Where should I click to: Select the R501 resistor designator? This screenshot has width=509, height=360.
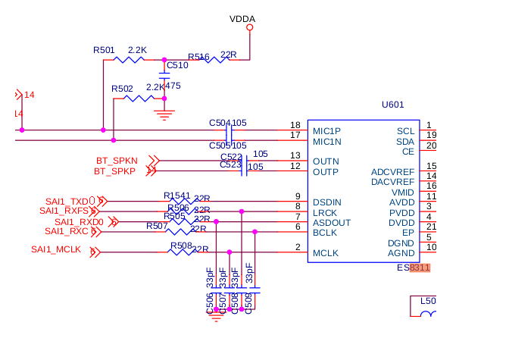[105, 49]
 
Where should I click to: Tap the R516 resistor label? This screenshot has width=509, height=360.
[198, 57]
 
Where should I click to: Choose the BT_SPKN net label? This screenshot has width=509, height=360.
[117, 161]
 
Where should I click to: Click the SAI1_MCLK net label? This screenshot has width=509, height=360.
[56, 249]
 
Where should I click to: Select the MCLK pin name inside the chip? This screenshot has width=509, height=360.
[325, 253]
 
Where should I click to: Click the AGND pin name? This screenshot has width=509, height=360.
[401, 253]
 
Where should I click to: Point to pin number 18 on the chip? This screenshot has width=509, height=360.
[295, 125]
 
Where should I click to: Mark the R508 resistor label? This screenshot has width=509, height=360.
[180, 246]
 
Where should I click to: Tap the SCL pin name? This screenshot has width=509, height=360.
[405, 131]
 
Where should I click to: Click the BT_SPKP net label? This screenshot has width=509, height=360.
[115, 172]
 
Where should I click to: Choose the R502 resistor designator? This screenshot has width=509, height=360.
[122, 89]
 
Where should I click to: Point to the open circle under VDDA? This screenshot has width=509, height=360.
[249, 28]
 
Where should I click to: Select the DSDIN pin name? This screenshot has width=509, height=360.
[327, 202]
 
